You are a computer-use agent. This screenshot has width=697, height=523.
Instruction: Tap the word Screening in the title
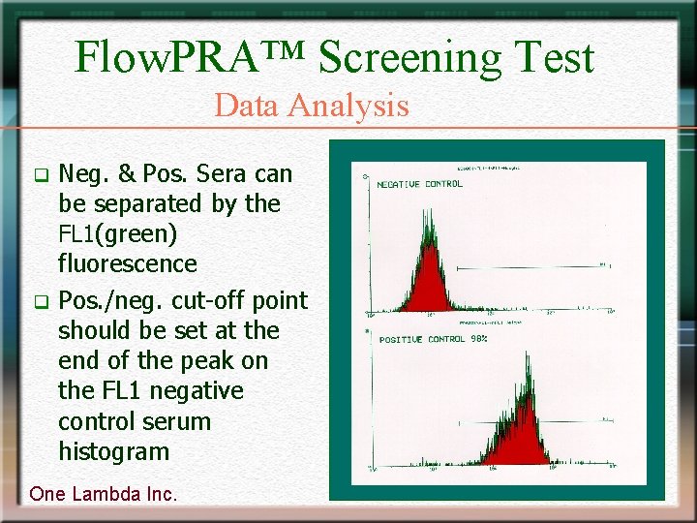pyautogui.click(x=409, y=57)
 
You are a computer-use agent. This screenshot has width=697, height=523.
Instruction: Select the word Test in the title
pyautogui.click(x=552, y=57)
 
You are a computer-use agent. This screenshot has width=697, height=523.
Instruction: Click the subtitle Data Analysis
pyautogui.click(x=312, y=105)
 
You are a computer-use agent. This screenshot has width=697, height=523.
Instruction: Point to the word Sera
pyautogui.click(x=225, y=174)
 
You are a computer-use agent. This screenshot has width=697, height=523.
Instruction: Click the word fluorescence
pyautogui.click(x=127, y=263)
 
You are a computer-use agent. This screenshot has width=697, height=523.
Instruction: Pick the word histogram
pyautogui.click(x=113, y=451)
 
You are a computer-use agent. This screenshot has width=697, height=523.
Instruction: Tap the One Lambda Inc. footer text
pyautogui.click(x=104, y=494)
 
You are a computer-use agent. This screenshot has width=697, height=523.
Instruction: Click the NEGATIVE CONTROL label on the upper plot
pyautogui.click(x=419, y=184)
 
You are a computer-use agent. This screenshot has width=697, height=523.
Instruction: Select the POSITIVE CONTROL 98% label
pyautogui.click(x=432, y=340)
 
